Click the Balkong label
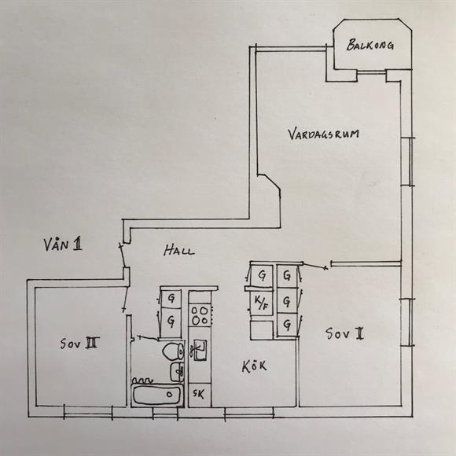coord(370,45)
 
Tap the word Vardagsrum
coord(323,134)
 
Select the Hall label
coord(178,251)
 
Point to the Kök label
coord(254,366)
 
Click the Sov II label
coord(344,333)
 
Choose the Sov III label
coord(79,343)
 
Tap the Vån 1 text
coord(63,244)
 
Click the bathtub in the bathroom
coord(156,395)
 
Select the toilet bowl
coord(173,351)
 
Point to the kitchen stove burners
coord(200,315)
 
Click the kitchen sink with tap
coord(198,350)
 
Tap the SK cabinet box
coord(199,395)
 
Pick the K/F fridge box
coord(261,303)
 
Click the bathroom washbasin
coord(177,371)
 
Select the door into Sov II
coord(315,266)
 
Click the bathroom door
coord(145,337)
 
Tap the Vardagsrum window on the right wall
coord(408,161)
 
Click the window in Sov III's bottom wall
coord(88,412)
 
